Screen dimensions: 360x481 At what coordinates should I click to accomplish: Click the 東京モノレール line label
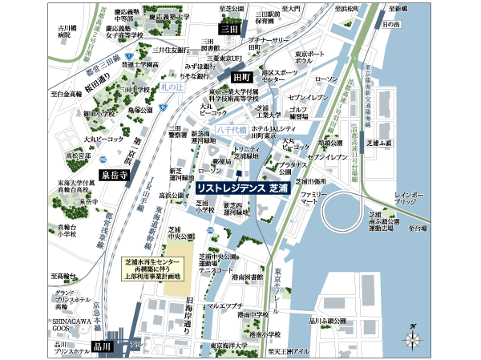coord(275,289)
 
